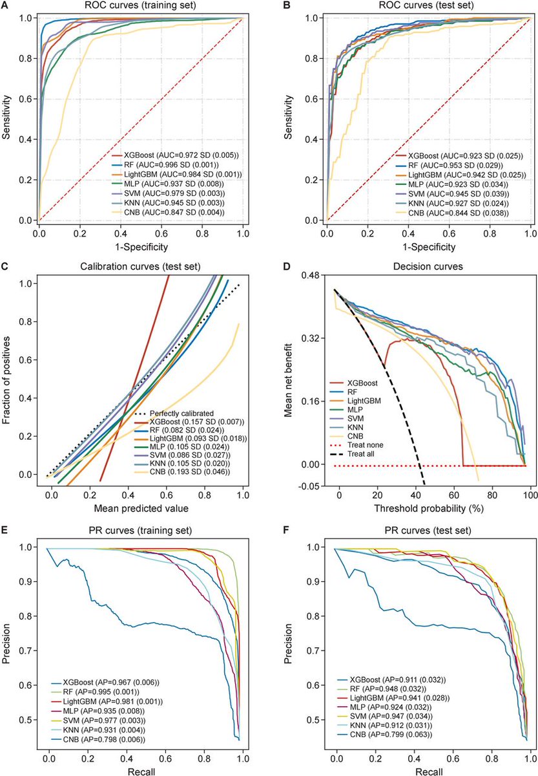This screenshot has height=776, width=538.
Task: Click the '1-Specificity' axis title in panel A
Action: (x=141, y=246)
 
